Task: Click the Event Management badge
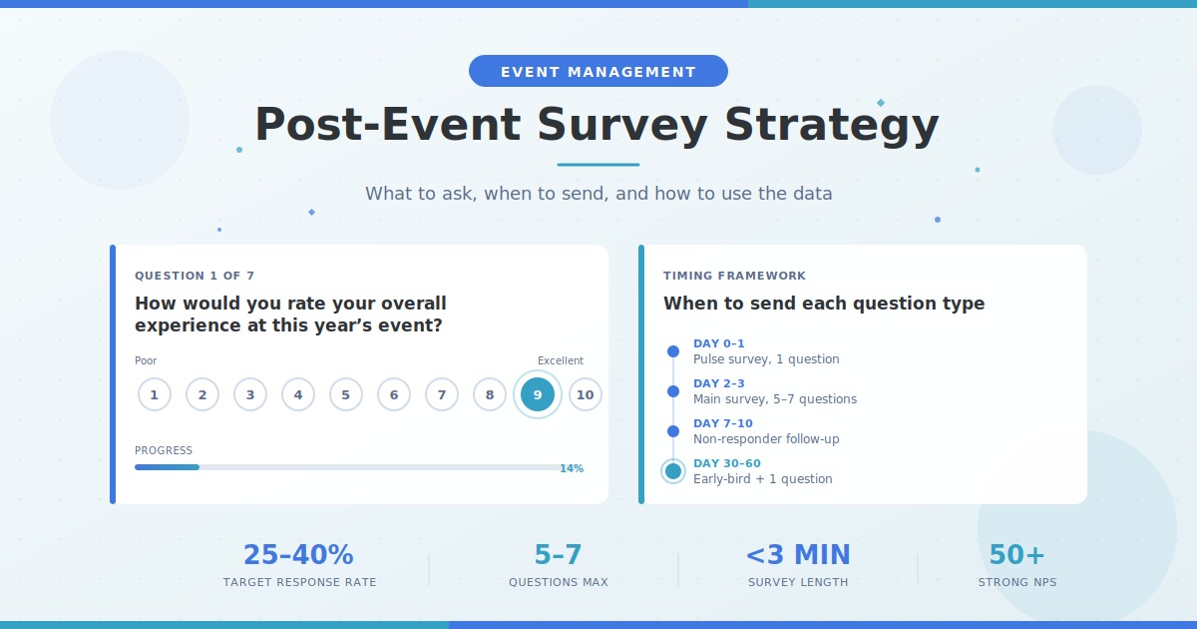(x=598, y=71)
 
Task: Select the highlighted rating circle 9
(x=538, y=394)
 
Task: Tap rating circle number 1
(x=155, y=394)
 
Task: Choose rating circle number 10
(x=586, y=394)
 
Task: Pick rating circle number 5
(x=346, y=394)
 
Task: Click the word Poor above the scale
(x=146, y=360)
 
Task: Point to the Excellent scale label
(x=561, y=360)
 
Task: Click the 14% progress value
(x=572, y=468)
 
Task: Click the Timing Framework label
(x=734, y=276)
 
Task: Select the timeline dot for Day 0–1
(x=673, y=351)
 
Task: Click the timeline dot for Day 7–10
(x=673, y=431)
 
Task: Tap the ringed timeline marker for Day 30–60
(x=673, y=471)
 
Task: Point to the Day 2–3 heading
(x=719, y=383)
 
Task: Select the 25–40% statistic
(x=298, y=555)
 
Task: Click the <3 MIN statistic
(x=798, y=555)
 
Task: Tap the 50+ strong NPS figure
(x=1016, y=555)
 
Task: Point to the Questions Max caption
(x=559, y=582)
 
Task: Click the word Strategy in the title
(x=832, y=126)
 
